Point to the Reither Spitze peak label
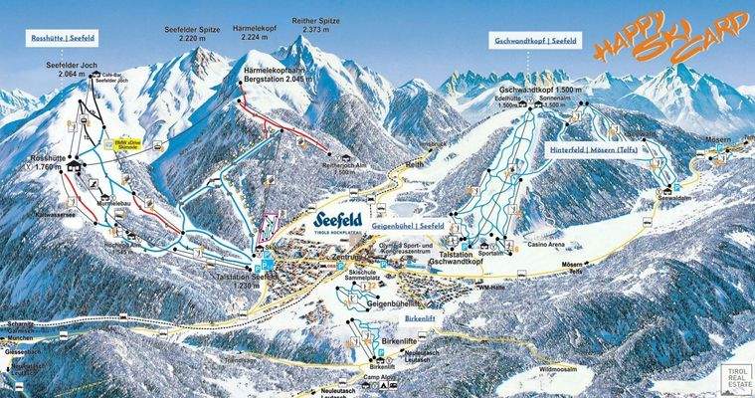click(313, 25)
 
